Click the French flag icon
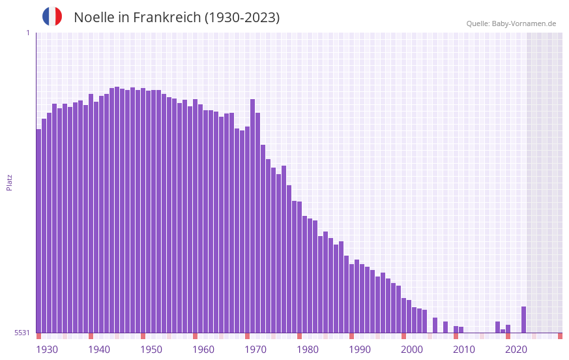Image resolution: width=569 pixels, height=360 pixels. click(52, 16)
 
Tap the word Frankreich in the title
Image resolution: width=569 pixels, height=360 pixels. click(166, 18)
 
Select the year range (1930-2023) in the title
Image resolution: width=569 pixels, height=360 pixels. click(242, 18)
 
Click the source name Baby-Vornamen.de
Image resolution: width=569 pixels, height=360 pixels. click(524, 23)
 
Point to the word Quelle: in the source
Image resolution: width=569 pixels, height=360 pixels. click(478, 23)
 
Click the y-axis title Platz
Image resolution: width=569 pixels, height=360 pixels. click(9, 182)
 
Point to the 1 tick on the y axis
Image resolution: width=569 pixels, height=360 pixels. click(27, 33)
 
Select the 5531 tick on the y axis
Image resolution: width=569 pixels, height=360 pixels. click(22, 333)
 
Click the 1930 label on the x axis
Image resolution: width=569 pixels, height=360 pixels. click(47, 350)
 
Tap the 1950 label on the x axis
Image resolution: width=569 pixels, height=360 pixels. click(151, 350)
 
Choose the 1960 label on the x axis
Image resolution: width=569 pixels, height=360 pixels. click(203, 350)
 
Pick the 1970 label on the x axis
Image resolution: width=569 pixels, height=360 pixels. click(255, 350)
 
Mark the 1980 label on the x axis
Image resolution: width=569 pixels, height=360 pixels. click(308, 350)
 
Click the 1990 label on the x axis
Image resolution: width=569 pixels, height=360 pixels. click(360, 350)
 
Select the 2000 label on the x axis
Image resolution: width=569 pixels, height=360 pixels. click(412, 350)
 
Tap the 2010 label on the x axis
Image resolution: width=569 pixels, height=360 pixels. click(464, 350)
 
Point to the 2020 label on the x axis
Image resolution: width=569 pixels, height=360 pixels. click(516, 350)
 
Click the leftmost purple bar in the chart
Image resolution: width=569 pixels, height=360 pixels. click(38, 231)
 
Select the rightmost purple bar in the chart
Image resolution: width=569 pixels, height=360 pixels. click(523, 320)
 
